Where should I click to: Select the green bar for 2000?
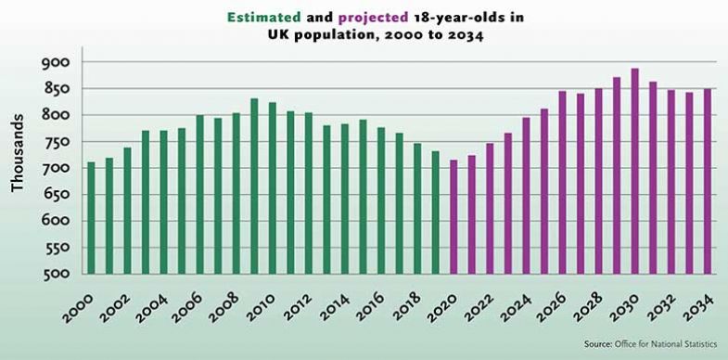coord(91,218)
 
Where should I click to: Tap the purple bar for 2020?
coord(454,217)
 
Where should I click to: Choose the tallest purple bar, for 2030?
coord(635,172)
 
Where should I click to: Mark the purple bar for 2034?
coord(708,182)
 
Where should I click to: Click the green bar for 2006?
coord(199,195)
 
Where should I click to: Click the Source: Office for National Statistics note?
coord(649,343)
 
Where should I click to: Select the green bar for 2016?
coord(381,200)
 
